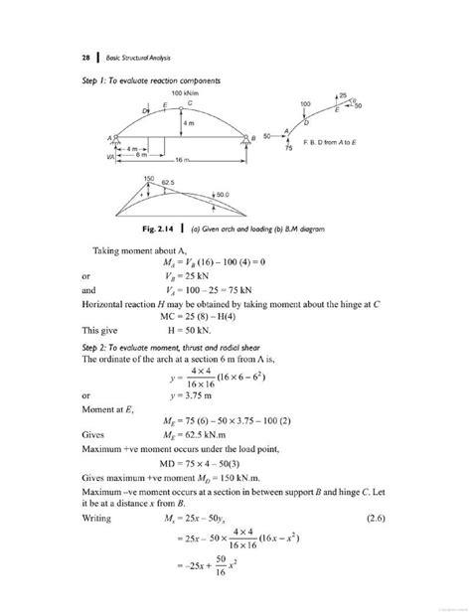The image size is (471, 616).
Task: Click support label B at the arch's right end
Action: click(254, 136)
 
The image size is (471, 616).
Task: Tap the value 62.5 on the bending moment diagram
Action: click(170, 184)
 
